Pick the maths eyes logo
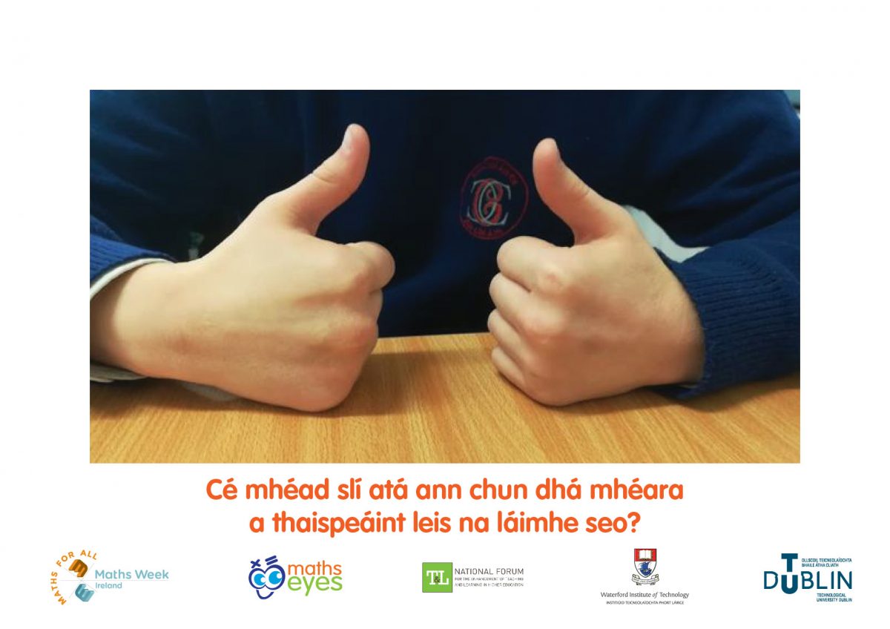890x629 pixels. [294, 577]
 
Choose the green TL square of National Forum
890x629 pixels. [436, 577]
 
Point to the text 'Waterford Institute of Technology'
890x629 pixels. [645, 595]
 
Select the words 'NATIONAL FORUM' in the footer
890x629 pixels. [487, 571]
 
